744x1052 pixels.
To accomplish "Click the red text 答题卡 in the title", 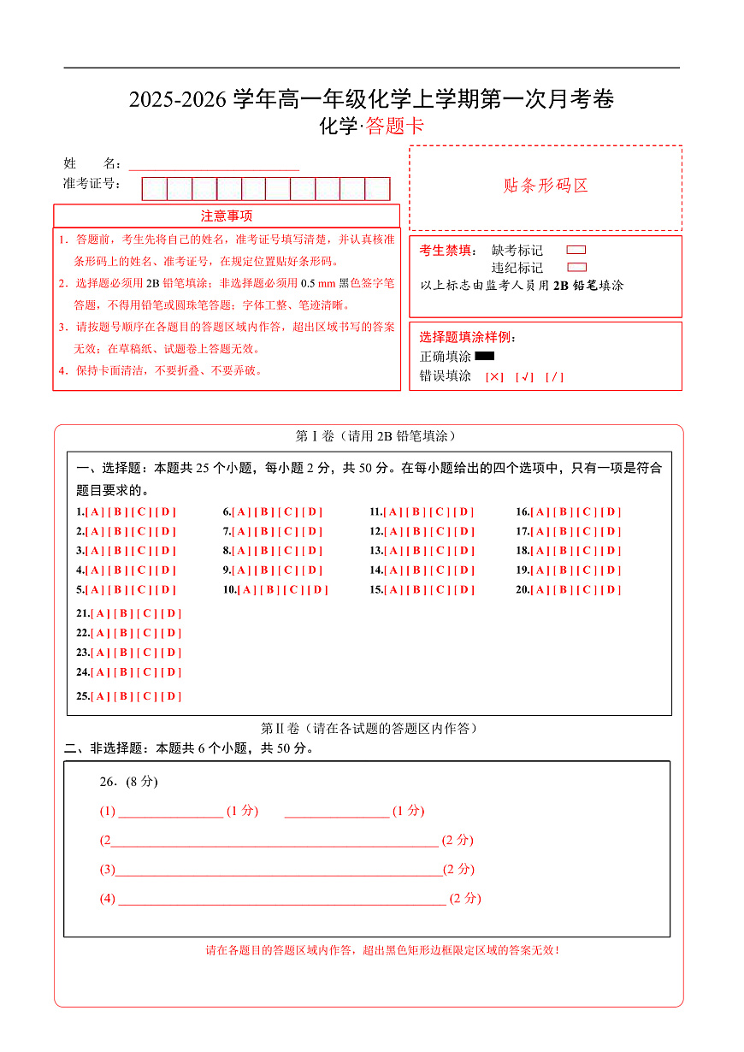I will (x=394, y=127).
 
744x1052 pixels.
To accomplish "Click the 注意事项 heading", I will (x=227, y=216).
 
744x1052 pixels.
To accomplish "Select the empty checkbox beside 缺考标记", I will (x=576, y=251).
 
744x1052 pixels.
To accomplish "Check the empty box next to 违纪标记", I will (x=576, y=268).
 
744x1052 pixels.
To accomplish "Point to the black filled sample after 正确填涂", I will (x=485, y=356).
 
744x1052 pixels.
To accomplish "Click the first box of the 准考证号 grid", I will (x=155, y=189).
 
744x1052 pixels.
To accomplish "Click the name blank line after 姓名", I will (x=214, y=164).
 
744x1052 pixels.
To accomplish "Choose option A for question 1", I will (x=94, y=512).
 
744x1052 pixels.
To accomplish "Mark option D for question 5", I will (x=166, y=590).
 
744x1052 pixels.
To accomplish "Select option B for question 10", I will (x=270, y=590).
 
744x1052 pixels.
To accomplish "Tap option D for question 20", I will (x=611, y=590).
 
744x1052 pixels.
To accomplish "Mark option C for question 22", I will (x=149, y=634).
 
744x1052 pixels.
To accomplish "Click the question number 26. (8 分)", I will (x=129, y=782).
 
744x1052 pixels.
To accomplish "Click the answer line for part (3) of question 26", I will (x=279, y=871).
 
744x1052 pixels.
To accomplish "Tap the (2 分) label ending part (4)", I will (x=465, y=899).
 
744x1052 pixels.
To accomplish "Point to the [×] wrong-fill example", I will (x=494, y=377).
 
